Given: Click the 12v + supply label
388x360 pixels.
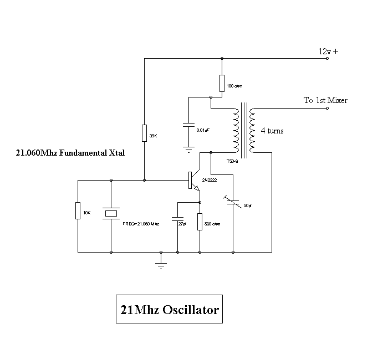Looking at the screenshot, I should click(x=328, y=51).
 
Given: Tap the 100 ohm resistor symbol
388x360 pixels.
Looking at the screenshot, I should click(x=222, y=83).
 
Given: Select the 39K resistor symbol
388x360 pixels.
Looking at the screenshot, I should click(x=144, y=132).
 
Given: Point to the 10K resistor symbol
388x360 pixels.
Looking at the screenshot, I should click(x=78, y=210).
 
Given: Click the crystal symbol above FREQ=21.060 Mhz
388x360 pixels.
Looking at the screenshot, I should click(x=111, y=213).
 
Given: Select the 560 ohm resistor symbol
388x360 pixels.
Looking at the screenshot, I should click(x=200, y=220).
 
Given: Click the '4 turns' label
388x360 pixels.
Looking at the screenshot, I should click(x=272, y=131).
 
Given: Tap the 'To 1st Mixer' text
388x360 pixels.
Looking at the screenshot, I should click(x=325, y=100).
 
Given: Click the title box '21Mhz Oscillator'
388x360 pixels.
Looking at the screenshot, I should click(x=169, y=310).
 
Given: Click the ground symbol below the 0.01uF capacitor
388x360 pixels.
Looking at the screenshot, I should click(x=188, y=148).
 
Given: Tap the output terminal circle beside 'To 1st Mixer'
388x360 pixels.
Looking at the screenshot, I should click(x=327, y=108).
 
